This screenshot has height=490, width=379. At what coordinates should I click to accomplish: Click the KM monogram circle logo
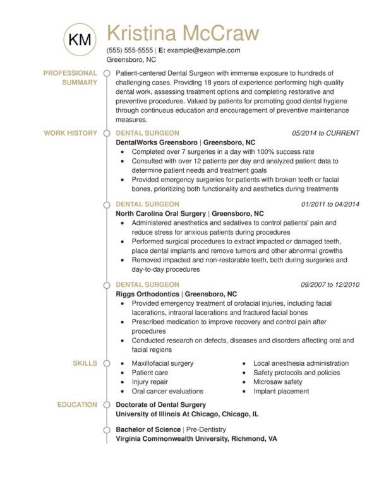(80, 39)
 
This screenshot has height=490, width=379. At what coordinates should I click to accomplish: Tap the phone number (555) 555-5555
(130, 50)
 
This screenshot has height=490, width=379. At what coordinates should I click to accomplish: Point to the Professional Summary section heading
(69, 78)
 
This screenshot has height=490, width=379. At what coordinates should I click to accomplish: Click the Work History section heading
(70, 133)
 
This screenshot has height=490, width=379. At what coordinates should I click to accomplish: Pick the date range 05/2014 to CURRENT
(326, 133)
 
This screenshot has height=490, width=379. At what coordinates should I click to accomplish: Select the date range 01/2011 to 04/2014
(330, 204)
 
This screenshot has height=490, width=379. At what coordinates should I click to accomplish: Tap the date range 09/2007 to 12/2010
(330, 284)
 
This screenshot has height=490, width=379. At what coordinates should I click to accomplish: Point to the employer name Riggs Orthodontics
(148, 294)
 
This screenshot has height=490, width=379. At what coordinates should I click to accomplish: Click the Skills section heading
(85, 363)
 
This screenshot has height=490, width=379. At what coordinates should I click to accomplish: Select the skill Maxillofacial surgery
(162, 364)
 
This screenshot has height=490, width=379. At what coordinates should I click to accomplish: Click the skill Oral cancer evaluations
(167, 391)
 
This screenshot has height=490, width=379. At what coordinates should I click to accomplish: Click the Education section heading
(77, 404)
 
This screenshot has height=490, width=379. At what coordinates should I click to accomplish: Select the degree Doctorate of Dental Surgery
(160, 405)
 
